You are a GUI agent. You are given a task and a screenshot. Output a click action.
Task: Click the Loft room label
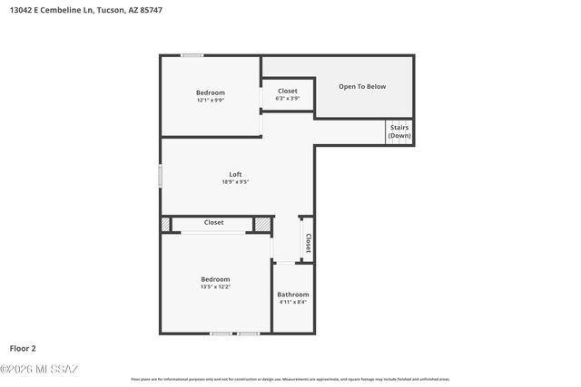pyautogui.click(x=235, y=174)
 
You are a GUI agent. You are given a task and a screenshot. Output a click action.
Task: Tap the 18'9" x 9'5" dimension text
pyautogui.click(x=235, y=182)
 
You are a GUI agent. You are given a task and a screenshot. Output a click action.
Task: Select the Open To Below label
pyautogui.click(x=362, y=87)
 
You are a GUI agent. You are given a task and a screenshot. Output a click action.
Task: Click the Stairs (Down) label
pyautogui.click(x=399, y=131)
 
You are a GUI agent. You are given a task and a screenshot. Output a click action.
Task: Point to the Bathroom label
pyautogui.click(x=293, y=295)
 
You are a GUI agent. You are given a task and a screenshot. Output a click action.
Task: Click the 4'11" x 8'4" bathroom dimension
pyautogui.click(x=293, y=302)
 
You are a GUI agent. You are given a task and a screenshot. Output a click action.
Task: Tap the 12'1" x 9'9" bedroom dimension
pyautogui.click(x=211, y=100)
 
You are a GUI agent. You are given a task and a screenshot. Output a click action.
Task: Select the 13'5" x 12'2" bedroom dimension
pyautogui.click(x=215, y=286)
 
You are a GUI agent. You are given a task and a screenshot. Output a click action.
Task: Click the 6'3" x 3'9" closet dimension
pyautogui.click(x=287, y=98)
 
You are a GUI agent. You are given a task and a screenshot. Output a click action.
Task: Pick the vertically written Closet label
pyautogui.click(x=308, y=242)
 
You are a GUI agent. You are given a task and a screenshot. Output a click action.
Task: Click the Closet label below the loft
pyautogui.click(x=213, y=222)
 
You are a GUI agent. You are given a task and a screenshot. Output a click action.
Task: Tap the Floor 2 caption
pyautogui.click(x=23, y=347)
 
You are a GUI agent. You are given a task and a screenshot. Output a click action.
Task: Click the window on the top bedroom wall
pyautogui.click(x=192, y=56)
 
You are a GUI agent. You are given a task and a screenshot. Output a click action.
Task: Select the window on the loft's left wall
pyautogui.click(x=162, y=176)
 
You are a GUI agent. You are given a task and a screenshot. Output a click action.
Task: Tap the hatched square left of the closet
pyautogui.click(x=165, y=223)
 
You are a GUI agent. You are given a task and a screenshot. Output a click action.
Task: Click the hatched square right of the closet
pyautogui.click(x=262, y=223)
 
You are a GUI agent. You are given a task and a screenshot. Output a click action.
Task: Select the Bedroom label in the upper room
pyautogui.click(x=211, y=92)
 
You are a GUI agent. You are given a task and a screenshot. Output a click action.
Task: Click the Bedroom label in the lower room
pyautogui.click(x=215, y=279)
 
